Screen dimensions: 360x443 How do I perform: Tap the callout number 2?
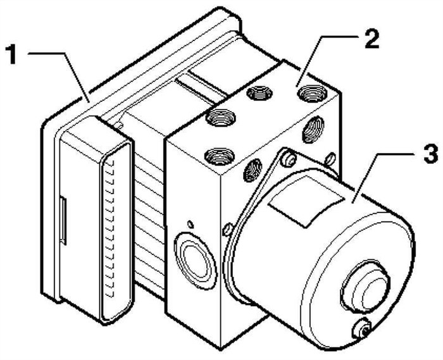pyautogui.click(x=370, y=39)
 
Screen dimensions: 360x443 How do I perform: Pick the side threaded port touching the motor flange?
pyautogui.click(x=253, y=169)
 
